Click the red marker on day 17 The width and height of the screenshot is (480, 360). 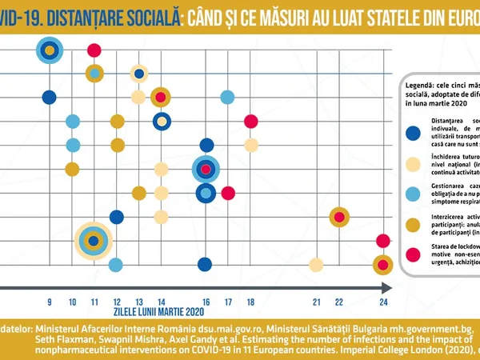[x=228, y=193]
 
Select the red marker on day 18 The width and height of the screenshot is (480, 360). [x=251, y=121]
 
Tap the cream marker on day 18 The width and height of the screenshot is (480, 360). [x=251, y=145]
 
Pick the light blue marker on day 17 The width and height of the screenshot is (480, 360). [x=228, y=97]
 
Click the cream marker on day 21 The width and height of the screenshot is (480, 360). [x=316, y=265]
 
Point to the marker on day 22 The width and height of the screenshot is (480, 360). [x=339, y=216]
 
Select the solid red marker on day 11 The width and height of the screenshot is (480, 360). [x=94, y=50]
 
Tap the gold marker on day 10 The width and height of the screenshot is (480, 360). [x=72, y=169]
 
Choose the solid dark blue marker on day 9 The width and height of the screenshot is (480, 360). [x=50, y=97]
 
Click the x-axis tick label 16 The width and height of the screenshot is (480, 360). [x=206, y=302]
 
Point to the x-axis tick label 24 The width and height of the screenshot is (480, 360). [x=384, y=302]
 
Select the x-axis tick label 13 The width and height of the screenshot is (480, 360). [x=138, y=302]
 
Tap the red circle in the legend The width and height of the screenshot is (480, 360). [x=413, y=255]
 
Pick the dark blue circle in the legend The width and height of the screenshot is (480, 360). [x=413, y=134]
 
